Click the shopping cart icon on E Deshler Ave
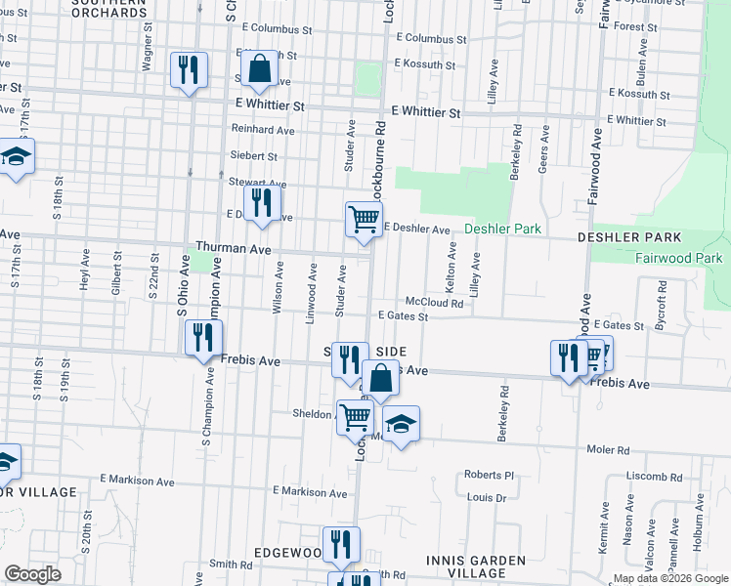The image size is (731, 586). [364, 219]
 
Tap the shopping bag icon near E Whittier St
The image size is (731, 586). [259, 69]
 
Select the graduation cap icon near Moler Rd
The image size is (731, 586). [400, 424]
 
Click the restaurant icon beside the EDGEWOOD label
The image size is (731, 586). [341, 544]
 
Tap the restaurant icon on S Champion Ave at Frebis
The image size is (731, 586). [203, 338]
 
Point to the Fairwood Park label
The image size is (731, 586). [678, 258]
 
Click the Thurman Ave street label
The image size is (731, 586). [233, 249]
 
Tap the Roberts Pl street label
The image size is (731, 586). [489, 475]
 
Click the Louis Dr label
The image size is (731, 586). [487, 497]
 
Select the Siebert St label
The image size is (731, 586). [254, 156]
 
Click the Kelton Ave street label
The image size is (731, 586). [452, 265]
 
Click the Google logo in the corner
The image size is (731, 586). [33, 574]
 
